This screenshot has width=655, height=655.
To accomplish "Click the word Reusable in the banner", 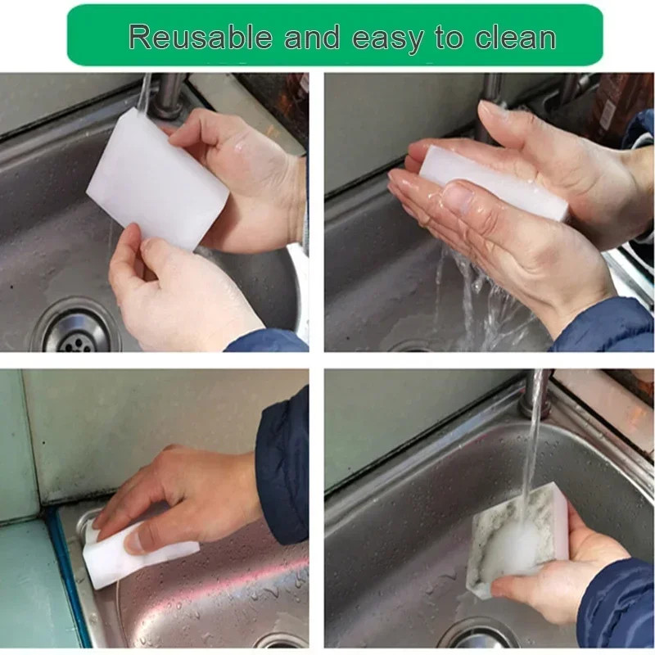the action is (201, 37).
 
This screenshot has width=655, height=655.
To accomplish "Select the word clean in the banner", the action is (515, 37).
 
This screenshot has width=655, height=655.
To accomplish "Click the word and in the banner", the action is (312, 37).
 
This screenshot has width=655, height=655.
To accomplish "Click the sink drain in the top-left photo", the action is (77, 330).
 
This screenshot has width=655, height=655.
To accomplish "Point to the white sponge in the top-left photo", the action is (158, 178).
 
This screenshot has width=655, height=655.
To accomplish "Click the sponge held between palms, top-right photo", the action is (493, 183).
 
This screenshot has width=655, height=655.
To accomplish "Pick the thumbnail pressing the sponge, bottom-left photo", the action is (137, 542).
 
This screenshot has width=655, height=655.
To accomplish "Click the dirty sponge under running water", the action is (518, 539).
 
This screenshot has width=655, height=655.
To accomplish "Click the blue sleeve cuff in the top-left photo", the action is (268, 341).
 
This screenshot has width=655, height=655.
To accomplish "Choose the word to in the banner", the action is (449, 37).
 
